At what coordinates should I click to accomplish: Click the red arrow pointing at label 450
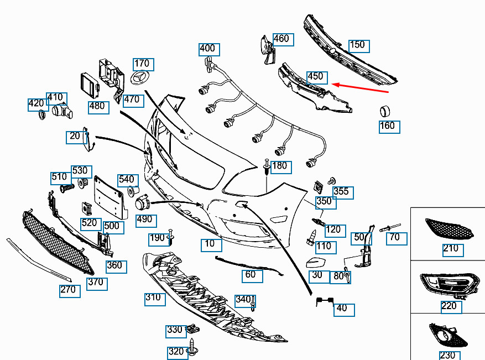(x=360, y=88)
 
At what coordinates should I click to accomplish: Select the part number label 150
(x=359, y=46)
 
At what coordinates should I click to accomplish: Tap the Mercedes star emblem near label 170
(x=139, y=77)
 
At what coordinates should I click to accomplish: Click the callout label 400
(x=209, y=49)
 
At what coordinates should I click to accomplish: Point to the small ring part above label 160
(x=385, y=111)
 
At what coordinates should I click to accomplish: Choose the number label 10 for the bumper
(x=211, y=245)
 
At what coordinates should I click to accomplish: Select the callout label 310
(x=155, y=299)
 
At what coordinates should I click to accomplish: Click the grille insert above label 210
(x=449, y=228)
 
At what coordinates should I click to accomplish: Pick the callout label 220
(x=451, y=307)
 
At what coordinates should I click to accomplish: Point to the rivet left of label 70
(x=390, y=228)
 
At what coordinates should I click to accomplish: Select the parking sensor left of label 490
(x=142, y=202)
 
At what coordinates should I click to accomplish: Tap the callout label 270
(x=70, y=291)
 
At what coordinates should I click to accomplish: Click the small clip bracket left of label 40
(x=325, y=301)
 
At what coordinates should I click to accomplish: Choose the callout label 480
(x=98, y=108)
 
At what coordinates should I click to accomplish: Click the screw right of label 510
(x=67, y=187)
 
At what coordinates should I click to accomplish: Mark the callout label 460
(x=283, y=40)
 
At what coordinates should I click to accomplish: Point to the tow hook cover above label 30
(x=316, y=263)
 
